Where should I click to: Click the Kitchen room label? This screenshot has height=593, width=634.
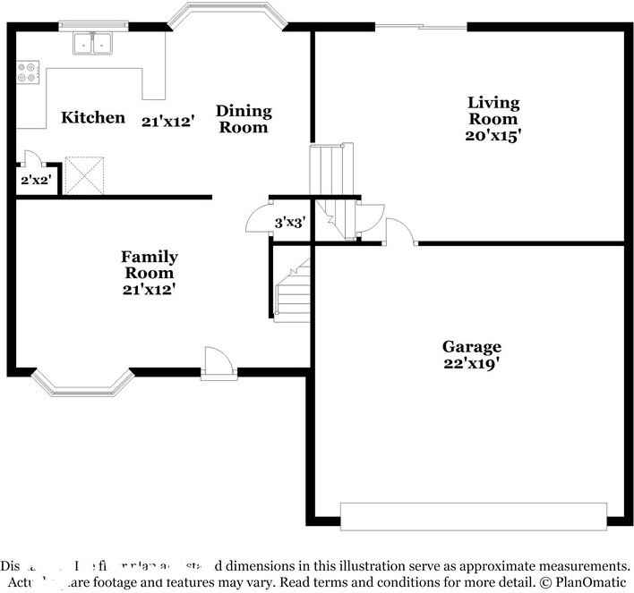pos(92,117)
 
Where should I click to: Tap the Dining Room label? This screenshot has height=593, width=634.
pos(243,119)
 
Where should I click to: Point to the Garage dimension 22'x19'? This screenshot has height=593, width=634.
pos(471,363)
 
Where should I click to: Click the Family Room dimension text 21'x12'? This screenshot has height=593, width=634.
pos(149,289)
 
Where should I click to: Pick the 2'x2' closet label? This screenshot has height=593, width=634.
pos(36,180)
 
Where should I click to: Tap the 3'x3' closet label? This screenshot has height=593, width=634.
pos(290,223)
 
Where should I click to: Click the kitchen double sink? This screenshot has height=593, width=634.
pos(93,41)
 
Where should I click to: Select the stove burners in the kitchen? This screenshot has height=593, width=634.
pos(27,72)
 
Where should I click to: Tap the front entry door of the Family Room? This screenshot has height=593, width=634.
pos(218,364)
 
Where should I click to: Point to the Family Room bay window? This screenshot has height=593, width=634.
pos(82,383)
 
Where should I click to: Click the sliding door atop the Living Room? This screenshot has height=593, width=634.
pos(420,27)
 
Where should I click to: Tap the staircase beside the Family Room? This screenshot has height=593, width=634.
pos(292,291)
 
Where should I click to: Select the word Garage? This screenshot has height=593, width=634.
pos(471,347)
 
